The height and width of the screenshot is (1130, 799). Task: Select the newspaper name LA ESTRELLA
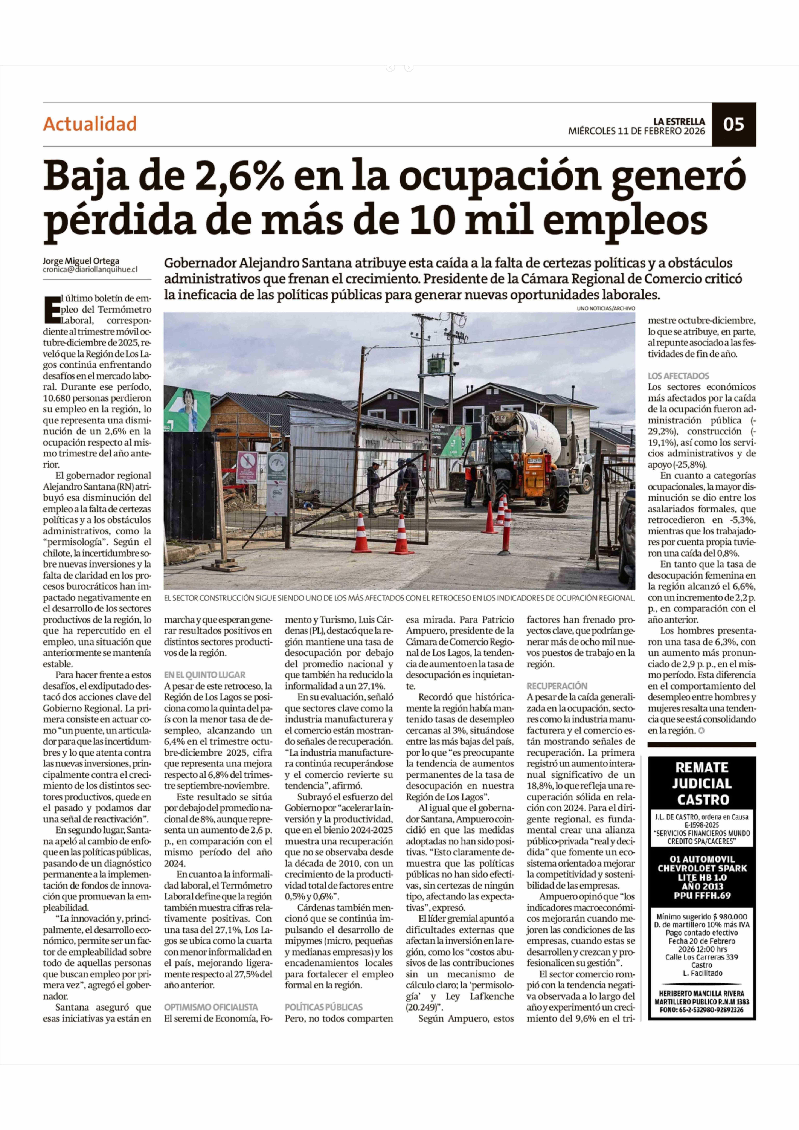[x=679, y=121]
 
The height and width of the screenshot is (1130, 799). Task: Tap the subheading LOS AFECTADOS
[x=678, y=375]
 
